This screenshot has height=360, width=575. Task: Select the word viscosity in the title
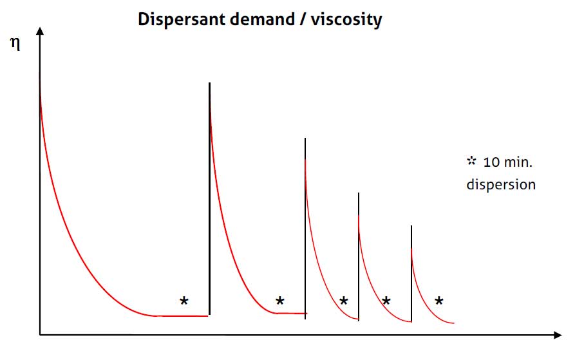point(346,20)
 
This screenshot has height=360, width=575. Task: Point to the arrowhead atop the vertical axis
point(40,32)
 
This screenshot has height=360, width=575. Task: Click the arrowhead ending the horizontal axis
point(557,335)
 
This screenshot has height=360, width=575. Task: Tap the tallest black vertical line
point(209,193)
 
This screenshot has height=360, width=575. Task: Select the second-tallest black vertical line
point(305,225)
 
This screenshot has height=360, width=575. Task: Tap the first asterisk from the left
point(184,301)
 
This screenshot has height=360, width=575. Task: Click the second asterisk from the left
point(279,301)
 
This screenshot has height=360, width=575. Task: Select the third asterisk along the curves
point(343,301)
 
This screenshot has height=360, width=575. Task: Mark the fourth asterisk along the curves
point(386,301)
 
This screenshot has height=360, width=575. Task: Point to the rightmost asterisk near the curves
point(439,301)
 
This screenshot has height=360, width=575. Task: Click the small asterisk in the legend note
point(471,162)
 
